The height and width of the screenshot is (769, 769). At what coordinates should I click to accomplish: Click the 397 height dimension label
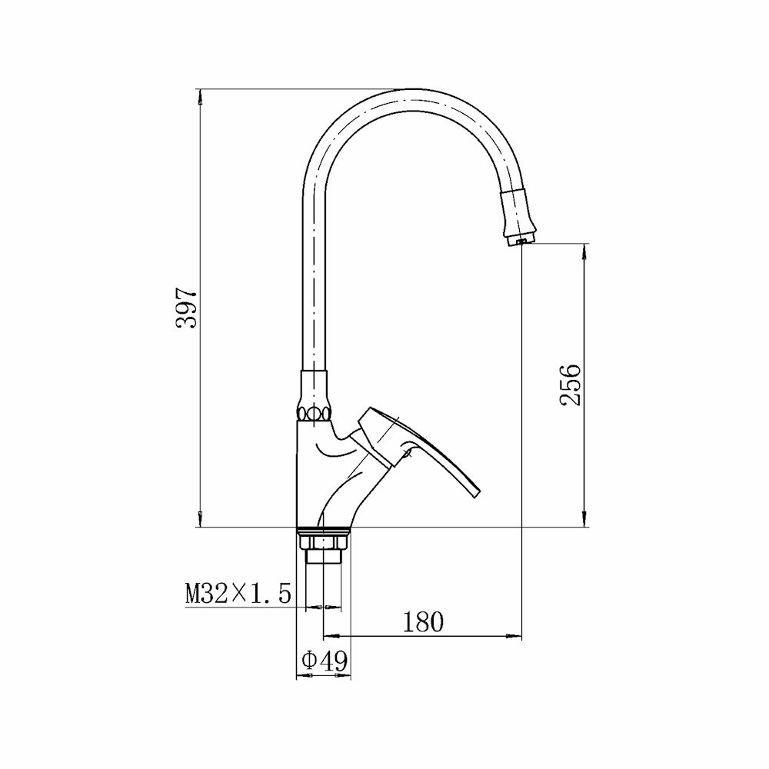pyautogui.click(x=187, y=308)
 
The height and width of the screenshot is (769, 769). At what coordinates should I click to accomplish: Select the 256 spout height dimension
pyautogui.click(x=570, y=384)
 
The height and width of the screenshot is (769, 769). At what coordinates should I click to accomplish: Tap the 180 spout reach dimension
pyautogui.click(x=423, y=622)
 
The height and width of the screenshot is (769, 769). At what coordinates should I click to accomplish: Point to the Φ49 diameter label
pyautogui.click(x=325, y=661)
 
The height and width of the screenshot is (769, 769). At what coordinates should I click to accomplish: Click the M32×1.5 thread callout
pyautogui.click(x=238, y=593)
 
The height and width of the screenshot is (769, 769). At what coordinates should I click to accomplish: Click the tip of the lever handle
pyautogui.click(x=477, y=494)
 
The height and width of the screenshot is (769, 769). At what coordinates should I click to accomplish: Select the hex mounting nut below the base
pyautogui.click(x=324, y=542)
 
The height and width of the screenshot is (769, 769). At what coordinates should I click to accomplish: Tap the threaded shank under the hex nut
pyautogui.click(x=323, y=557)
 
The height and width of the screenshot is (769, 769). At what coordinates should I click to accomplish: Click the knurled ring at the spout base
pyautogui.click(x=313, y=412)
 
